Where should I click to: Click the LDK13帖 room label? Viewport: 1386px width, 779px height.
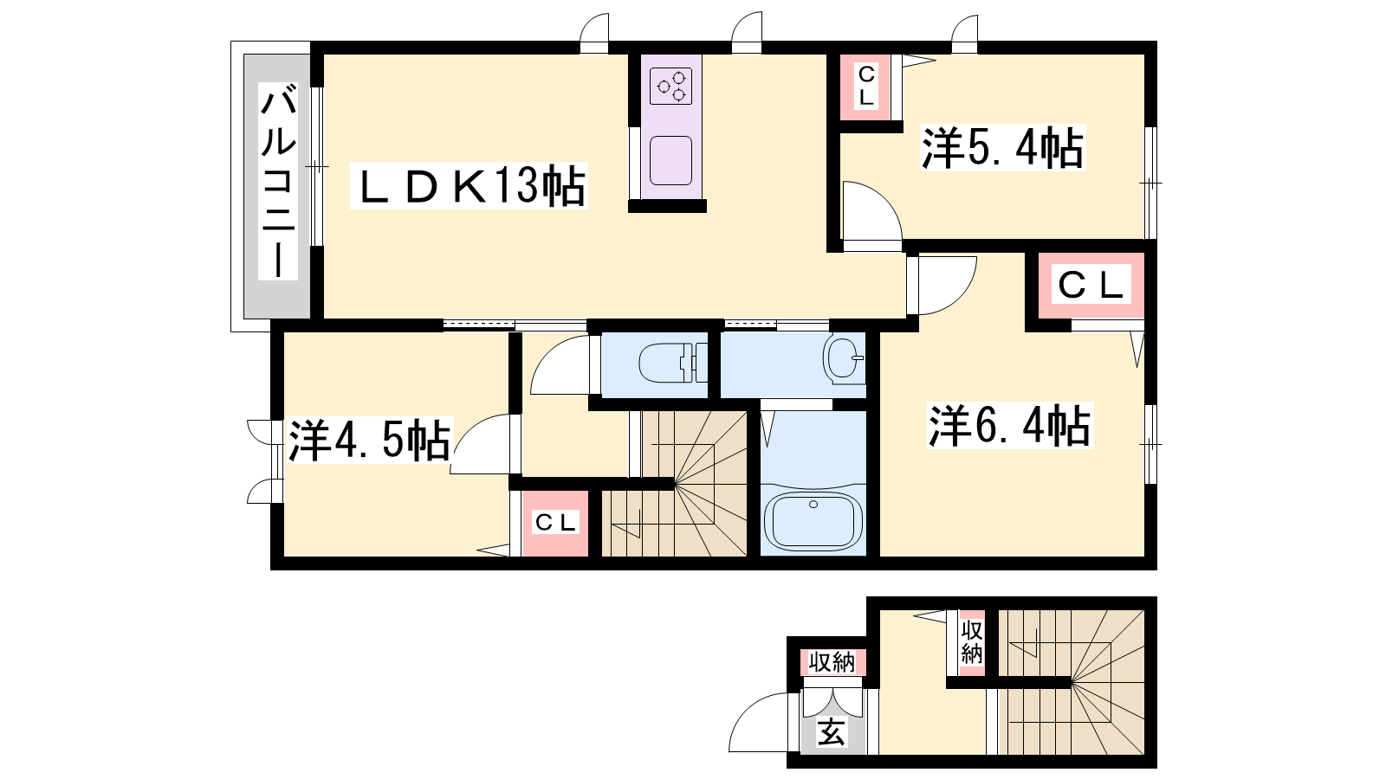coord(469,185)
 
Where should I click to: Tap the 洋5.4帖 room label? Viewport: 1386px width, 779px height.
coord(1002,148)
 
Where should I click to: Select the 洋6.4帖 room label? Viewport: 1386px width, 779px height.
coord(1010,425)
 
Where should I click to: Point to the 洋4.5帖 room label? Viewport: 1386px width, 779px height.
coord(369,441)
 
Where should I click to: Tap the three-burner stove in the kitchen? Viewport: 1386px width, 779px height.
coord(670,86)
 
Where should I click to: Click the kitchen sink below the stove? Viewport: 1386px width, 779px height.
coord(670,160)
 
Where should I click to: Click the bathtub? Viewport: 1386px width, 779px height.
coord(813,520)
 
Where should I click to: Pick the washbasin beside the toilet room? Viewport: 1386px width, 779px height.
coord(843,358)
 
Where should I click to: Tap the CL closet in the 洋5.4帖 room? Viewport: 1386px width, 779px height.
coord(865,87)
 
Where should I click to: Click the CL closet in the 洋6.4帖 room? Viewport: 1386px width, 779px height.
coord(1091,285)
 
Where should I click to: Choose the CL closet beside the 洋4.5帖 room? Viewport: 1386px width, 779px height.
coord(555,524)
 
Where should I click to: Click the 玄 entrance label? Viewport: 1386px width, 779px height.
coord(832,733)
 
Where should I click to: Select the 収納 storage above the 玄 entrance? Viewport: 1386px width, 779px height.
coord(832,662)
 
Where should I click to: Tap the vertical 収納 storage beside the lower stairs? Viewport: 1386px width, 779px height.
coord(971,642)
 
